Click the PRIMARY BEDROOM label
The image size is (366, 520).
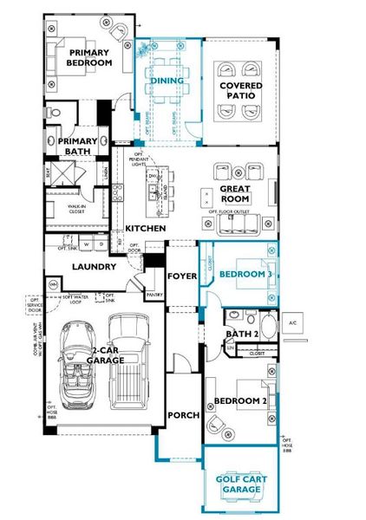[90, 57]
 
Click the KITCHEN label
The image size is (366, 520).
[144, 228]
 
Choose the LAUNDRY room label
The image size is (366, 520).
[94, 267]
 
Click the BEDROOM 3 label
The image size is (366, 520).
[245, 274]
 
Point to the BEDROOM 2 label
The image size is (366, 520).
[239, 401]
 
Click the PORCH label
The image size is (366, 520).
[184, 415]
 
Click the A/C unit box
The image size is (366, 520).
[292, 323]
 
